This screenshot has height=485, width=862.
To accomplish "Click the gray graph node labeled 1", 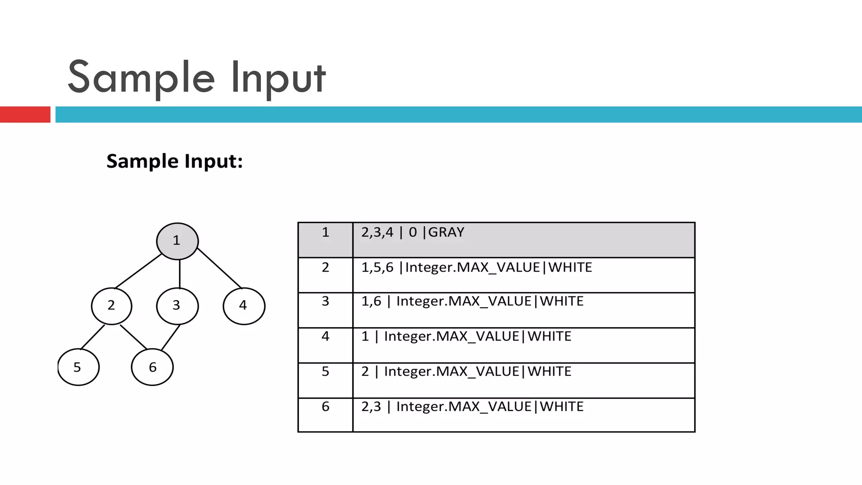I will point(177,241).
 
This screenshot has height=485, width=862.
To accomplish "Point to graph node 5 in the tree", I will point(78,367).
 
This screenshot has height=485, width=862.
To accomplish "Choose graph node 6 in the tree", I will point(152,367).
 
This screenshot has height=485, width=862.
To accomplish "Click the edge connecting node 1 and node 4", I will point(219,268).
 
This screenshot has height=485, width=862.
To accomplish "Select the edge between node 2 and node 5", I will point(93,337).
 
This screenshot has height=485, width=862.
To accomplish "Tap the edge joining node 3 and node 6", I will point(171,337).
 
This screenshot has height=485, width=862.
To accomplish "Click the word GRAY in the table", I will point(446,232).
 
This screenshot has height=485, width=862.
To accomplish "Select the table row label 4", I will point(325,336).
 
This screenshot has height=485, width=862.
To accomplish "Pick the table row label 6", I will point(325,407).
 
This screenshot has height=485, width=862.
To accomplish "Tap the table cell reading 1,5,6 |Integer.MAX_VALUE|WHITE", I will point(476,268).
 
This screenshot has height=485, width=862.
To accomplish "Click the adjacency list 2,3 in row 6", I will point(371,407).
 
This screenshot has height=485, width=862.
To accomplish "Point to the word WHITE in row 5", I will point(549,372).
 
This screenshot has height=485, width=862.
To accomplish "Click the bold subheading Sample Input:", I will point(175,161).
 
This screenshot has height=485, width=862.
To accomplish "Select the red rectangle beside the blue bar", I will point(25,115).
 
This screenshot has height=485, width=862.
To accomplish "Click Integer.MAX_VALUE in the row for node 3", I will point(464,301).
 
